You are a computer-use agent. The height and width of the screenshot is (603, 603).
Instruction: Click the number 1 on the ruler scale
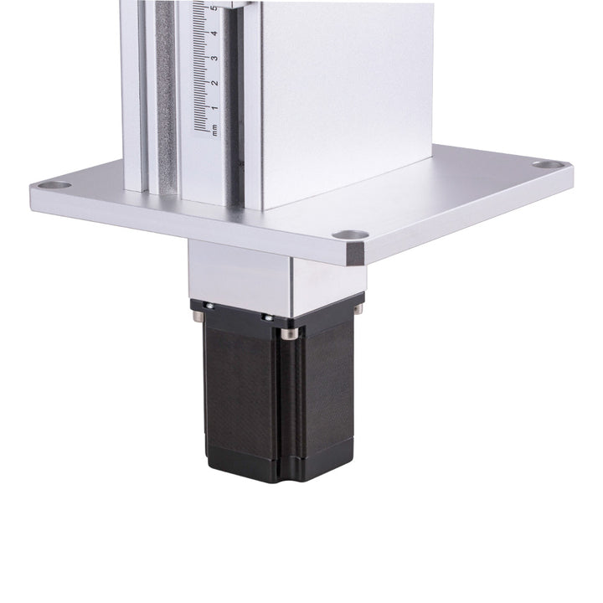[x=214, y=107]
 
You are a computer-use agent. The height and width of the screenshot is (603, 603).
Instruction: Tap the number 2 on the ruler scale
[x=214, y=82]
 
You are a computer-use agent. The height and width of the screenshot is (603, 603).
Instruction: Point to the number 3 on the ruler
[x=214, y=58]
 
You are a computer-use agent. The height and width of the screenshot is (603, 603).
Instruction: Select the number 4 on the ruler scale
[x=214, y=33]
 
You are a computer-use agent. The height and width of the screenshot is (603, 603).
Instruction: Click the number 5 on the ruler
[x=214, y=8]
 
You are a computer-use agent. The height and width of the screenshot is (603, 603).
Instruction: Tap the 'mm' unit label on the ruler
[x=214, y=130]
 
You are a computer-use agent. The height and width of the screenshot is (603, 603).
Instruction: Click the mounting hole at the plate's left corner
[x=54, y=185]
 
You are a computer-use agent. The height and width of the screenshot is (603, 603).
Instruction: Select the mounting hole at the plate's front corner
[x=350, y=234]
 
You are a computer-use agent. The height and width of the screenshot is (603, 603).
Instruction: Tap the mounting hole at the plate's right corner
[x=547, y=165]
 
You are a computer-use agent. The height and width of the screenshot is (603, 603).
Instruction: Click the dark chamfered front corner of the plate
[x=356, y=255]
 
